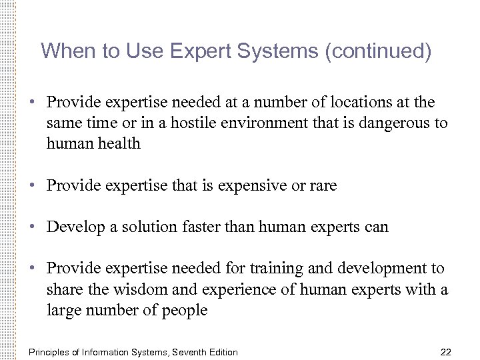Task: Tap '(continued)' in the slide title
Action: pyautogui.click(x=377, y=51)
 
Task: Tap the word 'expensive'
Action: pyautogui.click(x=253, y=186)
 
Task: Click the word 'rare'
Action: pyautogui.click(x=323, y=186)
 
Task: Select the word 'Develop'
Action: pyautogui.click(x=73, y=227)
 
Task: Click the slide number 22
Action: pyautogui.click(x=447, y=351)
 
